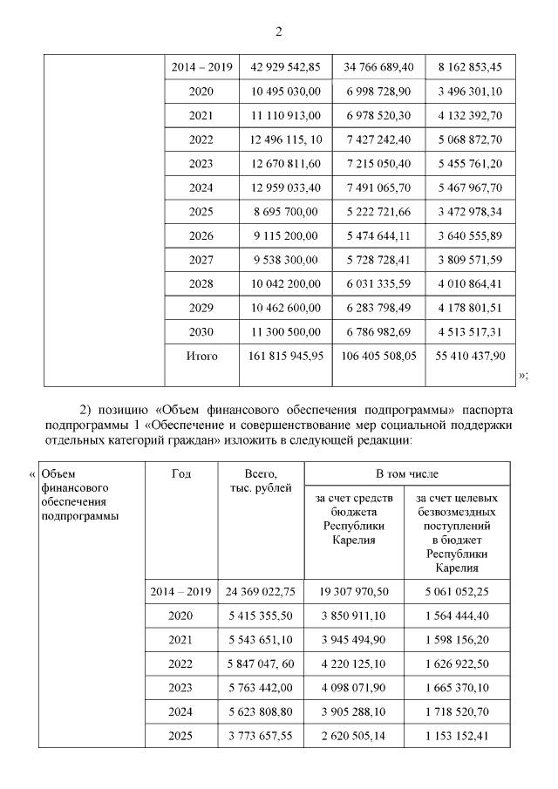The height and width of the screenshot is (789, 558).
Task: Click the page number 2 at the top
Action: [x=279, y=32]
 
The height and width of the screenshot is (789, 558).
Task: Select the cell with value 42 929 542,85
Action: [x=285, y=67]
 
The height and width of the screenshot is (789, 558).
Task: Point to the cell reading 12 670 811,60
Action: [x=285, y=163]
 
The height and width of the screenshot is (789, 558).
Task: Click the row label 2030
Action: [x=201, y=331]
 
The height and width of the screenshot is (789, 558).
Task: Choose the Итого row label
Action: [x=201, y=356]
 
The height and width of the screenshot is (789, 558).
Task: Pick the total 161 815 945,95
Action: [x=285, y=356]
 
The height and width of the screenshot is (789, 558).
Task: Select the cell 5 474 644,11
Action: [x=378, y=235]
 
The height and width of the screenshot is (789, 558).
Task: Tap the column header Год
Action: [x=181, y=473]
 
